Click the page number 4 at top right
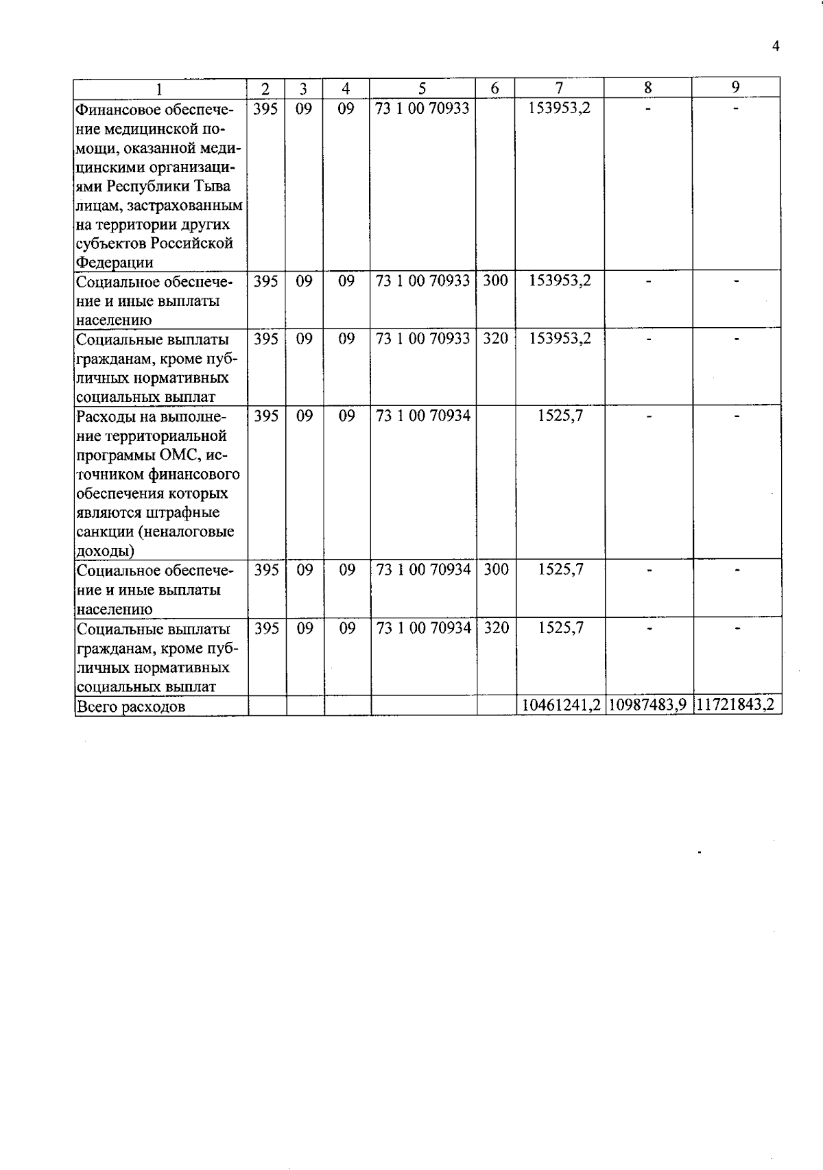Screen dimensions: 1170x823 [776, 47]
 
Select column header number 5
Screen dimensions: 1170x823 [422, 88]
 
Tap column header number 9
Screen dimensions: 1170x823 [736, 87]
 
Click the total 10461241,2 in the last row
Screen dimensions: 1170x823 [560, 705]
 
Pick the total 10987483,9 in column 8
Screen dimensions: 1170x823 [647, 705]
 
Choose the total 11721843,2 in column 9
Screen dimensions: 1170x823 [737, 705]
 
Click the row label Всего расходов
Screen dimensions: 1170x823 [131, 707]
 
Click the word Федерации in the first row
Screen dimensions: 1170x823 [115, 263]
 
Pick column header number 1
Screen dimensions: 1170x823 [160, 88]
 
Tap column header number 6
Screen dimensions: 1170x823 [495, 88]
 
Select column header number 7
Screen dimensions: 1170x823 [559, 87]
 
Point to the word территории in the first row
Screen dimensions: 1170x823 [135, 225]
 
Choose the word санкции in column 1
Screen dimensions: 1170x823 [105, 532]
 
